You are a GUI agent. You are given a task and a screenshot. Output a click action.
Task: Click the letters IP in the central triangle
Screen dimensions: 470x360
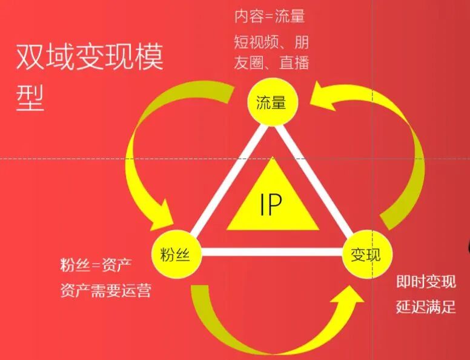pyautogui.click(x=271, y=205)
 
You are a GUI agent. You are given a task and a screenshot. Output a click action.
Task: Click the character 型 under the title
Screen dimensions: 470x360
pyautogui.click(x=30, y=96)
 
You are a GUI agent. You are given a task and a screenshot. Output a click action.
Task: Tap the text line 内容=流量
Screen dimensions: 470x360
pyautogui.click(x=269, y=16)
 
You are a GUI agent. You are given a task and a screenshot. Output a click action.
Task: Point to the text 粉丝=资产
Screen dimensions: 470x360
pyautogui.click(x=96, y=265)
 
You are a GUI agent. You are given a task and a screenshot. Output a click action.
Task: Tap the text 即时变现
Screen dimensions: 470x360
pyautogui.click(x=425, y=282)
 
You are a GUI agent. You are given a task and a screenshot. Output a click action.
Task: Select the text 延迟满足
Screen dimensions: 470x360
pyautogui.click(x=425, y=307)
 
